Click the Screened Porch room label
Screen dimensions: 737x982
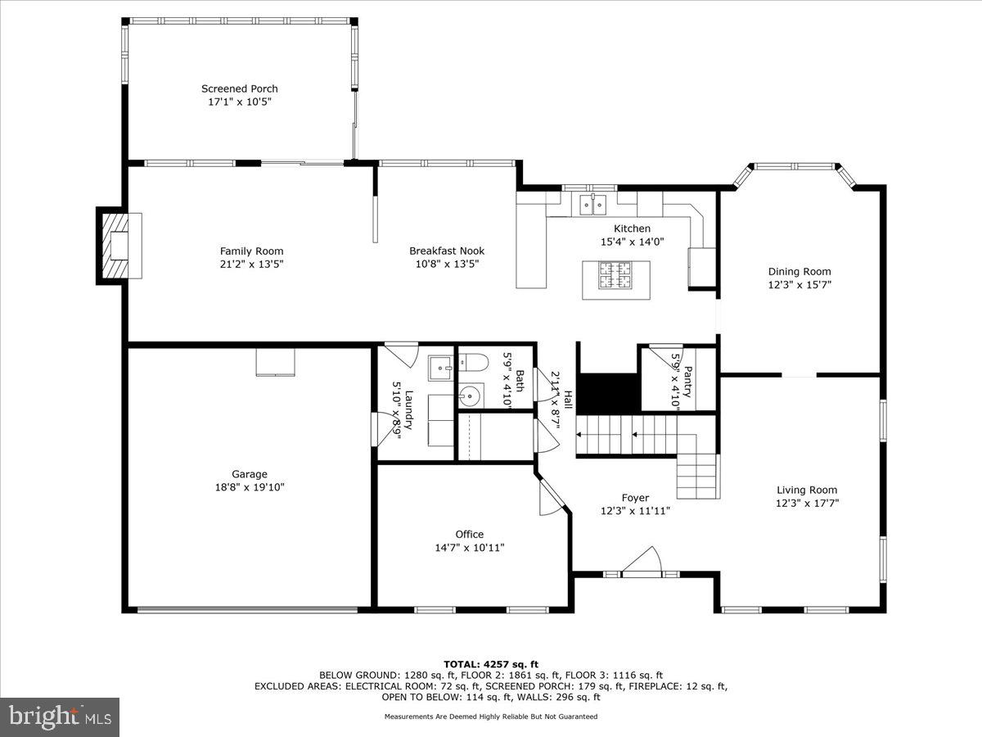click(x=240, y=88)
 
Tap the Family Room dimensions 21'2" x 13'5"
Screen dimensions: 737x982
click(x=251, y=265)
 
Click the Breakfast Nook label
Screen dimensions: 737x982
click(x=447, y=251)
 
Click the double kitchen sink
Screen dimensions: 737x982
click(x=593, y=203)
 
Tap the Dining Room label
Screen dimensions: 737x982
click(x=799, y=272)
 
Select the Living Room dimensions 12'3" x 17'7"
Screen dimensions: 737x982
click(x=807, y=504)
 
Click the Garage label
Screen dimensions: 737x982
click(x=250, y=474)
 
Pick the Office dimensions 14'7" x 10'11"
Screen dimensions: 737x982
click(x=470, y=548)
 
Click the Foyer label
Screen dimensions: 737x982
click(x=635, y=498)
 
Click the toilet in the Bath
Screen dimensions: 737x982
click(x=474, y=361)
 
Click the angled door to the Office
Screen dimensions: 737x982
click(x=553, y=497)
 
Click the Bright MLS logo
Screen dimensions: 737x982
click(x=60, y=717)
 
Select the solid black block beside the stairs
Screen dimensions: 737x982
click(x=609, y=393)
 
